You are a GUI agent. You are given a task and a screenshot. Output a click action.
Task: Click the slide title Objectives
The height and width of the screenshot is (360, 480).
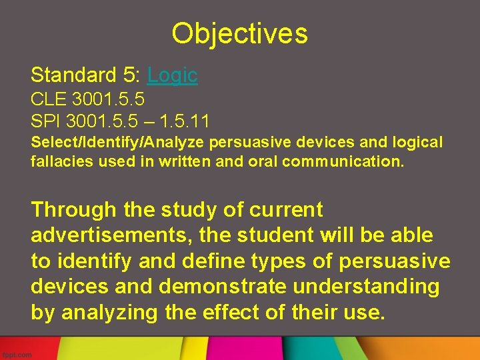[239, 33]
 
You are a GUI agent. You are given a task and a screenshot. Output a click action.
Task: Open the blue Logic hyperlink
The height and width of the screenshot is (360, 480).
[172, 75]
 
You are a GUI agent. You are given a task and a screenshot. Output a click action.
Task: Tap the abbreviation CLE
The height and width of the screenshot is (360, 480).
[48, 99]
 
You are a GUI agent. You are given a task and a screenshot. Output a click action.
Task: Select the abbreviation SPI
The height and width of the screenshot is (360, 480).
[45, 121]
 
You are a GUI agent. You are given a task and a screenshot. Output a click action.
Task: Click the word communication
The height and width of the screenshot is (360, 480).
[343, 161]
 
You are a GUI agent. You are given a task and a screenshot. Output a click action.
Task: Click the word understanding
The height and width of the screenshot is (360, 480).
[373, 286]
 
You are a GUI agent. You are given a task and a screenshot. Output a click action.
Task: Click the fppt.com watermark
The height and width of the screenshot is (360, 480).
[17, 354]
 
